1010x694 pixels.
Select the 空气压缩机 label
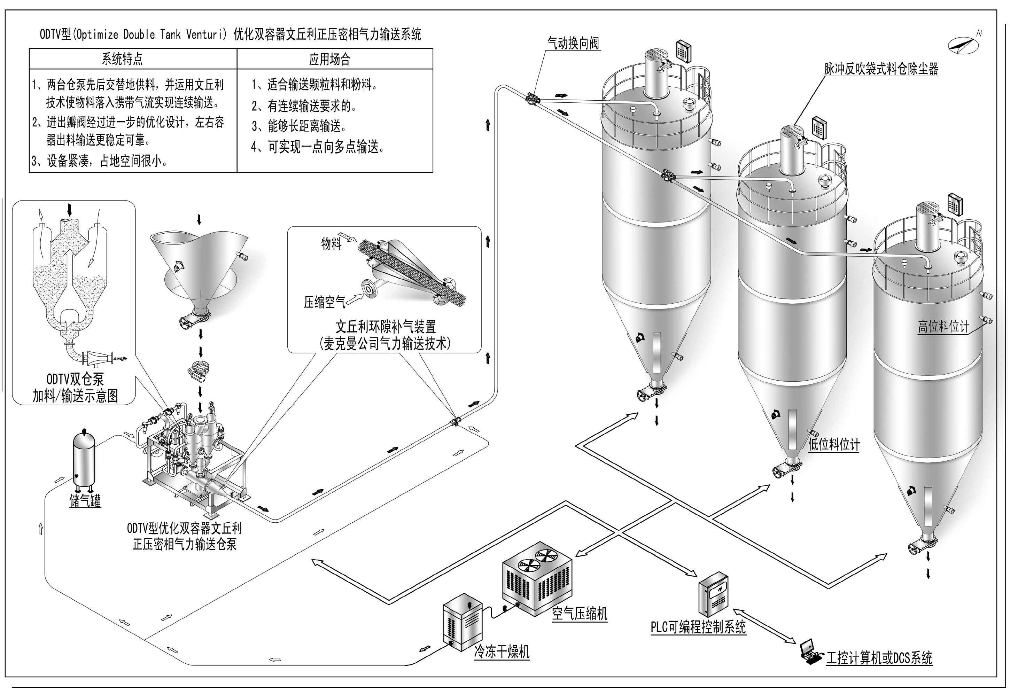coord(579,614)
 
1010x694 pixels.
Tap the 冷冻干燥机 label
coord(502,652)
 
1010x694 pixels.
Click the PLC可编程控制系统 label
coord(698,626)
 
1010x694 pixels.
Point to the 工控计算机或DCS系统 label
coord(879,658)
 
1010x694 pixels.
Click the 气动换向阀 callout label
coord(573,44)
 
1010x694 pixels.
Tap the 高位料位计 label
coord(943,326)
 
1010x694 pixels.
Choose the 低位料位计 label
coord(833,444)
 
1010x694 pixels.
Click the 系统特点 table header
coord(122,59)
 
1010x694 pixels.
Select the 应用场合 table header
coord(329,59)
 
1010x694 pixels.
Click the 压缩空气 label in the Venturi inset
coord(324,302)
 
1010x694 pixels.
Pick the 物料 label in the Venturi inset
coord(331,243)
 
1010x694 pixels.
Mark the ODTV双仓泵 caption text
coord(75,379)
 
